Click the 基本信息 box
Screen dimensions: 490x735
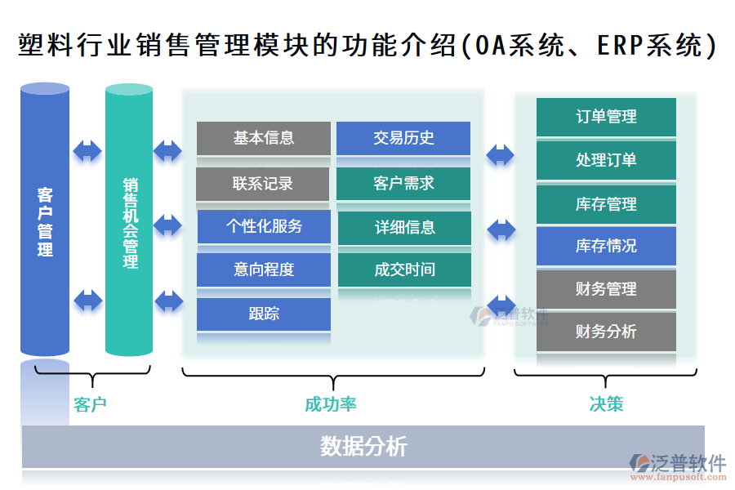click(263, 138)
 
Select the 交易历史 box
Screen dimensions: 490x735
click(403, 138)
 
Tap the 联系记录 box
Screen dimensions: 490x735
click(263, 184)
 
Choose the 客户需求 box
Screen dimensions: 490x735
click(403, 184)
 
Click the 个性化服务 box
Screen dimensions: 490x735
click(263, 226)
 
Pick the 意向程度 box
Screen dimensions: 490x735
click(263, 269)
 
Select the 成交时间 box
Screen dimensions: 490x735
click(404, 269)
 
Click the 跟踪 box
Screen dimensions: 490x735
click(263, 314)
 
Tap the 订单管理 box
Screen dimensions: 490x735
click(606, 117)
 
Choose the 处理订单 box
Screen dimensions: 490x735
click(606, 160)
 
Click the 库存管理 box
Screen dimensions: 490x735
click(606, 203)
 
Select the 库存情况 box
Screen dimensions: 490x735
click(606, 246)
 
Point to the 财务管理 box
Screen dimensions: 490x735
click(606, 289)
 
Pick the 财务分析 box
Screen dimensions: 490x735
click(606, 332)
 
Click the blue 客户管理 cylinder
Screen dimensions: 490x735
click(45, 220)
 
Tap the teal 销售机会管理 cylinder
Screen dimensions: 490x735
click(129, 220)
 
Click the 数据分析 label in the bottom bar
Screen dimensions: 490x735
click(363, 447)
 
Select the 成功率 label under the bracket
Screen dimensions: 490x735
click(330, 404)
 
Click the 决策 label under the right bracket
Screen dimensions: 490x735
click(605, 404)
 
